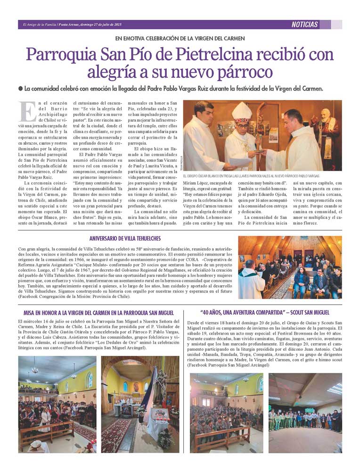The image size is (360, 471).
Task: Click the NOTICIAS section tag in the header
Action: [304, 25]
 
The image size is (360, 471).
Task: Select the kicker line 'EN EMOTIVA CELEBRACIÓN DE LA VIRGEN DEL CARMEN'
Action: [180, 38]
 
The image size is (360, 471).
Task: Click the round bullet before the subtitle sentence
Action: [20, 89]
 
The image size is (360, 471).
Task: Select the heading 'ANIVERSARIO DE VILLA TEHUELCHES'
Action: [125, 239]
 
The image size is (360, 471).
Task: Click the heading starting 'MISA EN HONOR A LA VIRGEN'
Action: [99, 313]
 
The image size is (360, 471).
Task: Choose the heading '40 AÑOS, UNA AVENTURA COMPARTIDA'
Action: [264, 313]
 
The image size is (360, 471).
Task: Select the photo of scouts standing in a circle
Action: [305, 413]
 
